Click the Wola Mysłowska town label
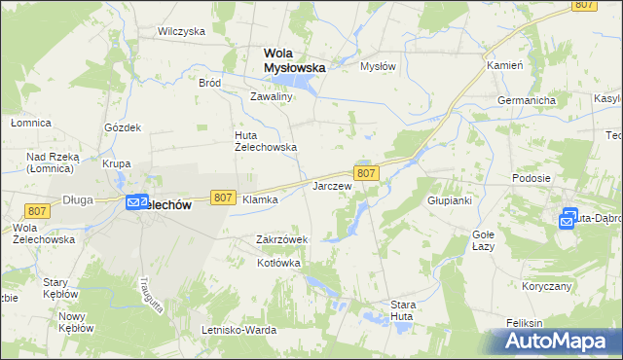(x=295, y=60)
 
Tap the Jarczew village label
(x=331, y=185)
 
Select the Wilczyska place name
(x=181, y=31)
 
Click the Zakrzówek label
(x=281, y=239)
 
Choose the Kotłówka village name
(x=278, y=264)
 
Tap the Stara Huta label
(x=403, y=310)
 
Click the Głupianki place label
(x=450, y=200)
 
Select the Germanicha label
(x=526, y=100)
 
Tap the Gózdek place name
(x=123, y=127)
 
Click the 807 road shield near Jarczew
(x=366, y=172)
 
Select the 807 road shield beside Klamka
(x=223, y=198)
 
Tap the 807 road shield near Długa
(x=38, y=211)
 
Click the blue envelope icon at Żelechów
(x=135, y=202)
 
